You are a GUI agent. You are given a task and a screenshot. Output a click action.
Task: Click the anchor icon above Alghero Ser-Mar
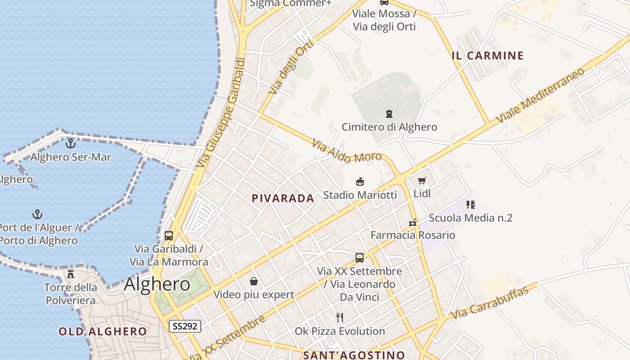point(71,144)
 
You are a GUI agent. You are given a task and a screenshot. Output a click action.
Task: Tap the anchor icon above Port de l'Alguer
point(38,214)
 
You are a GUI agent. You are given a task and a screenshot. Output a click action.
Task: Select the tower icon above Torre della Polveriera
point(71,274)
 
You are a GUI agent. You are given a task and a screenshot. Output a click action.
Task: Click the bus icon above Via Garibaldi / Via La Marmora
point(169,235)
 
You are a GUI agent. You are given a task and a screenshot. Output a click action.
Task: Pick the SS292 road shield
point(184,326)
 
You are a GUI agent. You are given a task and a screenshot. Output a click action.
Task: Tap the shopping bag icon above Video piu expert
point(254,281)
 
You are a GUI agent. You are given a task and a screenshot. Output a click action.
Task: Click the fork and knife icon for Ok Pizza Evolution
point(340,318)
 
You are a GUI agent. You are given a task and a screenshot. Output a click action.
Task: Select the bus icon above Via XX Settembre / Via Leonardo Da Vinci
point(359,258)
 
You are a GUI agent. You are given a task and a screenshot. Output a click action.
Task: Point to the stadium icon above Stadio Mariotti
point(360,182)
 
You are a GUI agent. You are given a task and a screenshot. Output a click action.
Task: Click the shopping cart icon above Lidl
point(422,181)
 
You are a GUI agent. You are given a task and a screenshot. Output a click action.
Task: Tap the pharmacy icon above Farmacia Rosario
point(413,222)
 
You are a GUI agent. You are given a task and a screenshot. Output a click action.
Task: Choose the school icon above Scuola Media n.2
point(471,205)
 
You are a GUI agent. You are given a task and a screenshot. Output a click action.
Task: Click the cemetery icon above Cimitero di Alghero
point(389,114)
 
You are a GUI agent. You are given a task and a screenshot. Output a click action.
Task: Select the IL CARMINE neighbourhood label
point(488,56)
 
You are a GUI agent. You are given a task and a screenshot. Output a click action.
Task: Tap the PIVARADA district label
point(283,198)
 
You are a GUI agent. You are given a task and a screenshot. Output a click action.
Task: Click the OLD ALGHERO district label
point(103,332)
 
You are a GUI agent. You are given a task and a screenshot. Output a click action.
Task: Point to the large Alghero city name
point(157,284)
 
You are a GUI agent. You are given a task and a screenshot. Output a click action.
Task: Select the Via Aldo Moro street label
point(346,151)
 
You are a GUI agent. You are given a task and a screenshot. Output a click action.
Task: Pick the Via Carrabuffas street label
point(490,303)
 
